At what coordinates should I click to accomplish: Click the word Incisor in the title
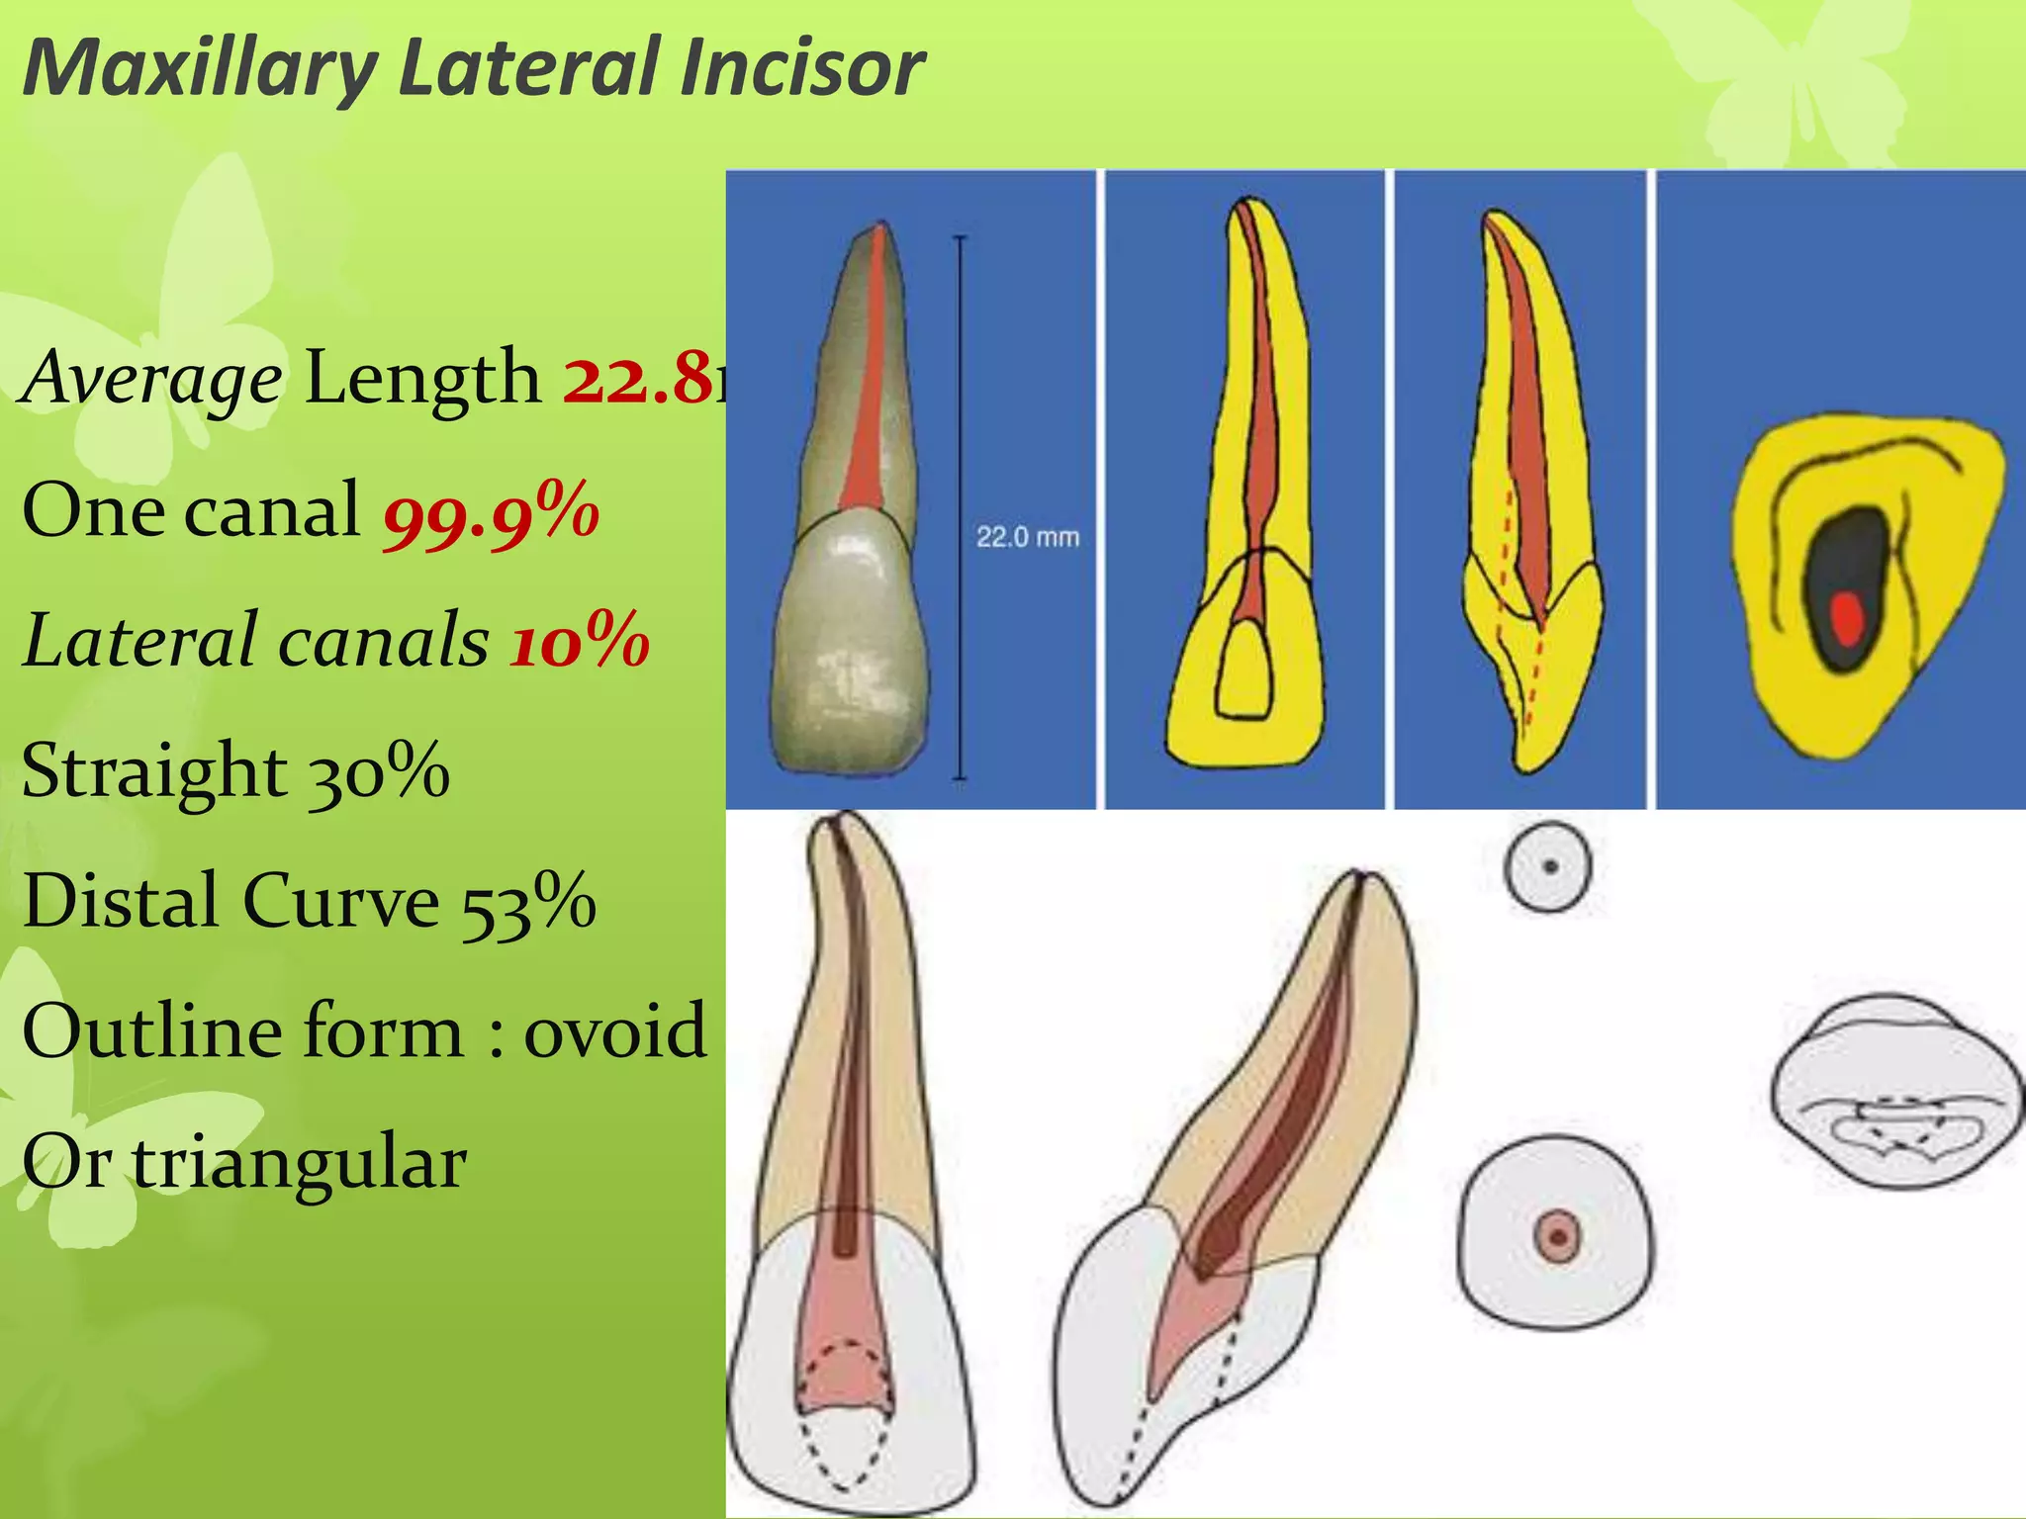(801, 67)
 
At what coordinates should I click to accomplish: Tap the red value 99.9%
(492, 512)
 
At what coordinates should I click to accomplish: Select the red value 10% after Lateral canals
(580, 641)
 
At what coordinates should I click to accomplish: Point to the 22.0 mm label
(1027, 537)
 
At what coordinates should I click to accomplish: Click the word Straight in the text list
(154, 770)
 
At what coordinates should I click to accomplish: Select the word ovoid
(614, 1031)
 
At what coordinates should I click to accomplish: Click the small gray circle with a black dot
(1548, 867)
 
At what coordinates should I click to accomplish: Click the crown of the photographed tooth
(851, 653)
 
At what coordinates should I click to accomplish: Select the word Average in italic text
(153, 380)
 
